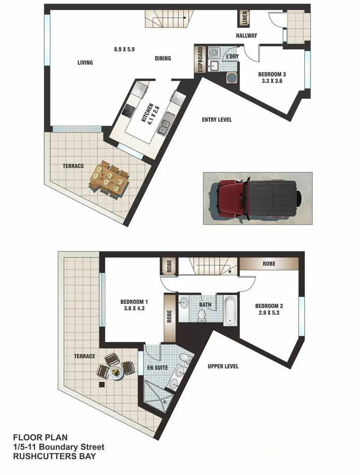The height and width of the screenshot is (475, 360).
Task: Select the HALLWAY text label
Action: [x=246, y=36]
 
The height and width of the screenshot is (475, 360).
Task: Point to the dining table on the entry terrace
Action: [x=109, y=179]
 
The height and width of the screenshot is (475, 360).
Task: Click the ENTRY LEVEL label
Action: [x=216, y=119]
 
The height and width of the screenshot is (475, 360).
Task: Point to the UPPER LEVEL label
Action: [x=223, y=367]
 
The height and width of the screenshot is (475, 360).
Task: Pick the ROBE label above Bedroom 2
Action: [x=269, y=264]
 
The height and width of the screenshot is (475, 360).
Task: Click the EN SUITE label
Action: [x=158, y=367]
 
